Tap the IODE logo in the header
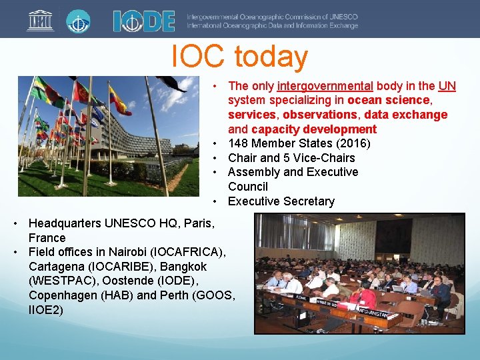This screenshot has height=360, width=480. point(143,21)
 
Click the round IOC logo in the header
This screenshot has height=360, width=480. point(78,20)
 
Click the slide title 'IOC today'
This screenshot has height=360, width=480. point(239,57)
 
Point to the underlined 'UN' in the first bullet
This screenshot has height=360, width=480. point(447,86)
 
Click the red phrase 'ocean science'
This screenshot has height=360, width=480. point(389,100)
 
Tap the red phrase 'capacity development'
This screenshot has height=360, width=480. point(314,129)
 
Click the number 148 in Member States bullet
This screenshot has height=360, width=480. point(238,143)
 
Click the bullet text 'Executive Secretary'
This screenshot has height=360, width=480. point(281,201)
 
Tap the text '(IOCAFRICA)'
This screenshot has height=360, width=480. point(193,252)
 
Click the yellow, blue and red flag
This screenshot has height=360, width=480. point(120,101)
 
